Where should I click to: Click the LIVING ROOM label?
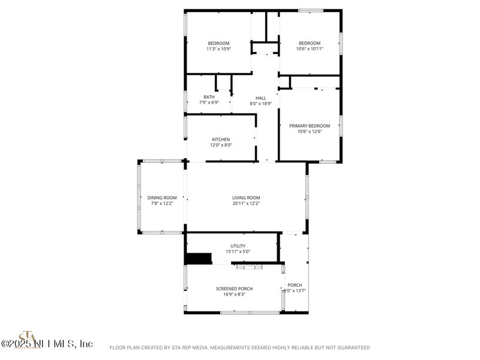[x=246, y=197]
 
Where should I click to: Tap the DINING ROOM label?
[x=162, y=197]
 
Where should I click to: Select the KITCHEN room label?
[x=221, y=139]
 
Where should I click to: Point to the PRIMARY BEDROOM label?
[x=310, y=126]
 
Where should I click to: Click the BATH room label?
[x=209, y=97]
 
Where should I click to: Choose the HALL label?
[x=261, y=98]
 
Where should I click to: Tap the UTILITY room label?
[x=238, y=246]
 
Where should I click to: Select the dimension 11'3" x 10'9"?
[x=218, y=49]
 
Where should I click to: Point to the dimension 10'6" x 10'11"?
[x=310, y=49]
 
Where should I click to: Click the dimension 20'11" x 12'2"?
[x=246, y=203]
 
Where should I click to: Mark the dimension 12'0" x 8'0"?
[x=221, y=145]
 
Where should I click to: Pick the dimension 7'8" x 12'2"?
[x=162, y=203]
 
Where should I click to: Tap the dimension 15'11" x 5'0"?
[x=238, y=252]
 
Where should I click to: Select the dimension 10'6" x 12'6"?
[x=310, y=132]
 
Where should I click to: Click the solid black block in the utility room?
[x=199, y=259]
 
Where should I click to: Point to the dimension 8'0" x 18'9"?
[x=261, y=103]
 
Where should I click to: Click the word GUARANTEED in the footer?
[x=351, y=347]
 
